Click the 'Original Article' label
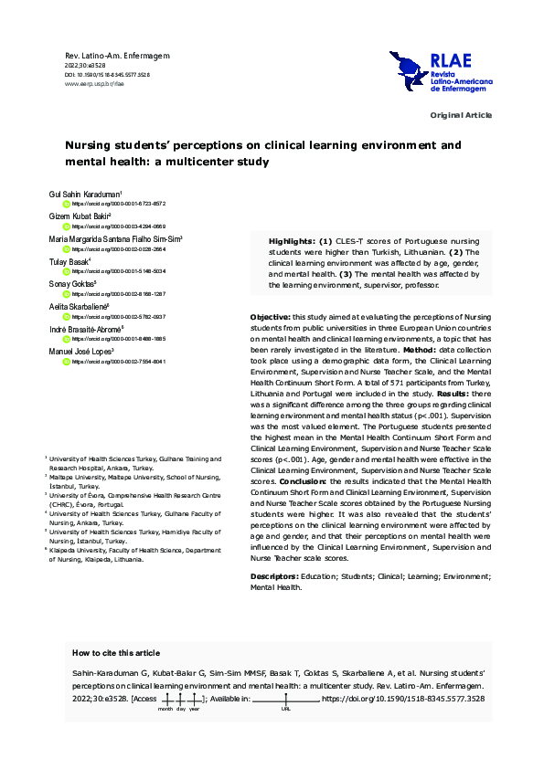[x=461, y=115]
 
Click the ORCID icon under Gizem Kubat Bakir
[x=66, y=226]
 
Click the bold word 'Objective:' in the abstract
[x=272, y=316]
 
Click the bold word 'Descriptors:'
[x=275, y=577]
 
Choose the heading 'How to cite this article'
[x=115, y=653]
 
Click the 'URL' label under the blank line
[x=286, y=708]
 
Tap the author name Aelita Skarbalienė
[x=79, y=307]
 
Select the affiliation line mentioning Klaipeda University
[x=96, y=557]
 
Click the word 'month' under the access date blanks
[x=165, y=708]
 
